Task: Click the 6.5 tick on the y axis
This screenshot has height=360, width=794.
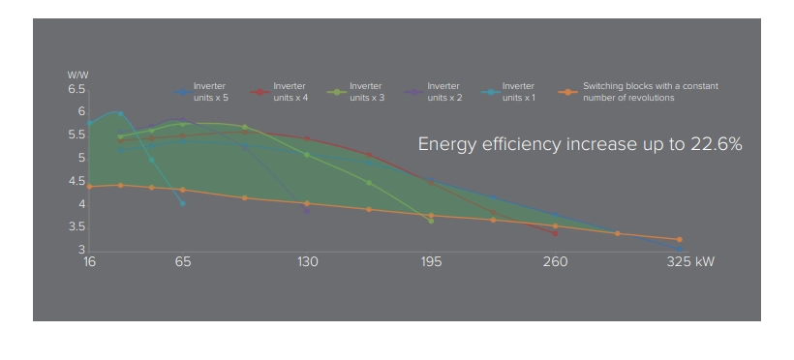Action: point(76,89)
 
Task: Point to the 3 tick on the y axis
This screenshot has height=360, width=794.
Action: point(81,251)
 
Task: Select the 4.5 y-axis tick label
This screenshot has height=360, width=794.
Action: point(76,181)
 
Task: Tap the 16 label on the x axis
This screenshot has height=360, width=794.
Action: point(89,262)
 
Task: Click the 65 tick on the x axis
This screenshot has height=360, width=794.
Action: point(183,262)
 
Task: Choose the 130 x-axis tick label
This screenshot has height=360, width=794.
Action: point(308,262)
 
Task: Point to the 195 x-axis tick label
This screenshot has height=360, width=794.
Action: point(432,262)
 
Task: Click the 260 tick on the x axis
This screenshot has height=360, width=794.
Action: point(555,262)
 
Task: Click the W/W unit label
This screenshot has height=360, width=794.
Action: point(77,75)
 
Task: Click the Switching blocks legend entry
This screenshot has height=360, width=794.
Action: point(649,92)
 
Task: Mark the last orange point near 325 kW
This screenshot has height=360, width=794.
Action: point(679,239)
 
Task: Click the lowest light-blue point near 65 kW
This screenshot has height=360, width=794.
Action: point(182,203)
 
